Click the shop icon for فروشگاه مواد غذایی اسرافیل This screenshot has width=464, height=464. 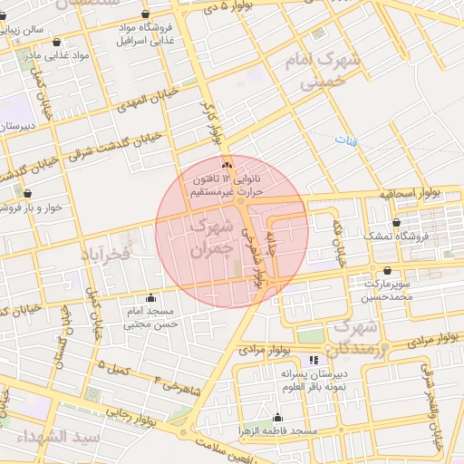coord(147,14)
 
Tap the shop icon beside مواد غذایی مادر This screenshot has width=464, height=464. coord(57,42)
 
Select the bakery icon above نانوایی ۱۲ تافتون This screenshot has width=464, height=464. coord(227,165)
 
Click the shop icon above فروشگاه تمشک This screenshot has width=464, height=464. coord(396,222)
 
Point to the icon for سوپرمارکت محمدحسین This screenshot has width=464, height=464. coord(388,270)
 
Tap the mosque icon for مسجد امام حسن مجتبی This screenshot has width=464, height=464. coord(150,297)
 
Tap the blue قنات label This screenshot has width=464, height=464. coord(345,140)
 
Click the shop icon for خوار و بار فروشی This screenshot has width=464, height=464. coord(27,193)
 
